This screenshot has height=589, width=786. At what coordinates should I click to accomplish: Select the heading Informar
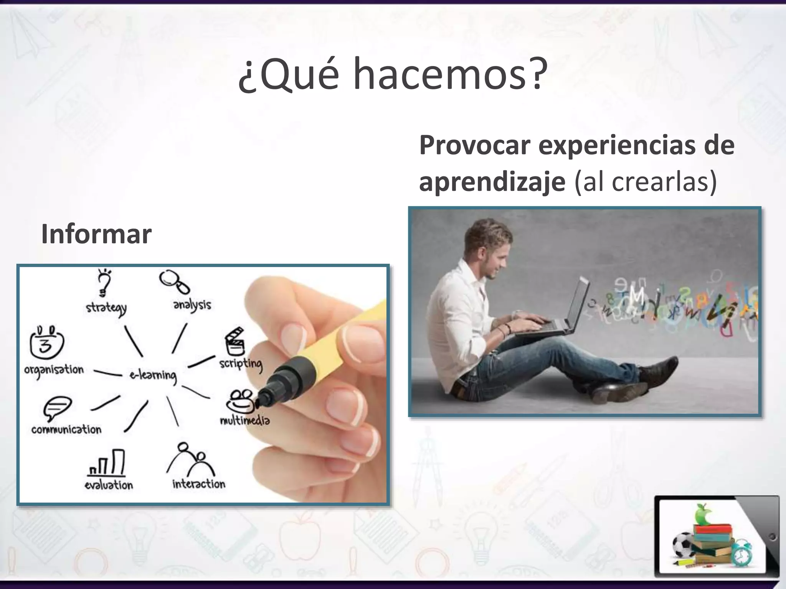96,234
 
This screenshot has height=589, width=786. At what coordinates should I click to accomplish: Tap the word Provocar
475,146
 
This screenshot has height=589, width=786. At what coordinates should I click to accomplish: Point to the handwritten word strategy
106,308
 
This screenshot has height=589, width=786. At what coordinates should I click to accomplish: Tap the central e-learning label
153,375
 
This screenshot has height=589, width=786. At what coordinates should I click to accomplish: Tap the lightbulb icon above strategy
104,282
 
